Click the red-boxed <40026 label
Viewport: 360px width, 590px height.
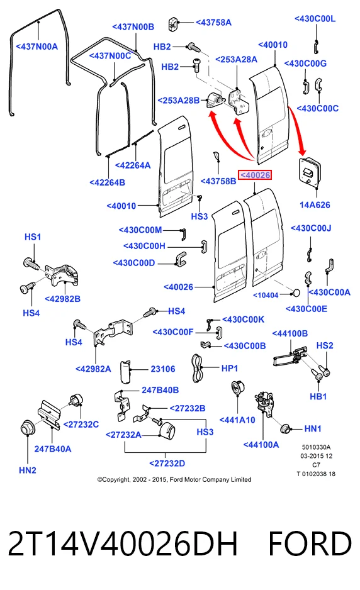click(255, 175)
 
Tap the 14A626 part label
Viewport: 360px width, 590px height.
click(315, 205)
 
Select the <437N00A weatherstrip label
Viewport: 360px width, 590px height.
click(37, 47)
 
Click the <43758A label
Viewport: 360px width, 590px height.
click(213, 23)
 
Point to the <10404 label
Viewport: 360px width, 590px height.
click(266, 296)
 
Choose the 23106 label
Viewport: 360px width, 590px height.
click(162, 369)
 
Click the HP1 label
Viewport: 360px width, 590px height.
click(229, 368)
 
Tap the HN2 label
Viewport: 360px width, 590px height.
click(28, 470)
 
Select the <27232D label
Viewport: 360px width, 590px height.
click(167, 463)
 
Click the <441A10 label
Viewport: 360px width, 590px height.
click(237, 420)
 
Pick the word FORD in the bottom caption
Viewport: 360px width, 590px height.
click(310, 543)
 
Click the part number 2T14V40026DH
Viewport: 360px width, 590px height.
click(123, 543)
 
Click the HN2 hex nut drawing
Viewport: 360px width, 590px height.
click(28, 426)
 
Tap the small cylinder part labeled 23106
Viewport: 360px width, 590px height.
click(125, 372)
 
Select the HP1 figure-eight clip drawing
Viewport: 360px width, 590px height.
click(197, 368)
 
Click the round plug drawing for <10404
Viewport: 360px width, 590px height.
click(296, 292)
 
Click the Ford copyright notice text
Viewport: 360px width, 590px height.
click(174, 479)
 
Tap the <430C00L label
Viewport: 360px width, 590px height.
click(315, 19)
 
